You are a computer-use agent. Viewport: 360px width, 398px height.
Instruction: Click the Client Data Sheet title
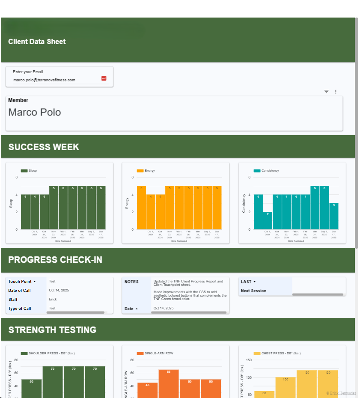pos(37,42)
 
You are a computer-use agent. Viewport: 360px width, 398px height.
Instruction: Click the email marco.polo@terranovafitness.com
pos(44,80)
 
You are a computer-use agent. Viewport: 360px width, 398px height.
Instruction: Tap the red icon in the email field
pos(104,78)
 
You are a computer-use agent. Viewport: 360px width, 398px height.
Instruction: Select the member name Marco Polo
pos(35,113)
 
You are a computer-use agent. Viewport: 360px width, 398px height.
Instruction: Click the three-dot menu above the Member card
pos(336,92)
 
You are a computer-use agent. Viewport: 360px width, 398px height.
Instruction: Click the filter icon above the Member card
pos(327,92)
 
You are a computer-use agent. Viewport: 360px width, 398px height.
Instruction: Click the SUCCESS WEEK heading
pos(44,147)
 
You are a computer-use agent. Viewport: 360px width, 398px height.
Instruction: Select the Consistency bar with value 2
pos(268,220)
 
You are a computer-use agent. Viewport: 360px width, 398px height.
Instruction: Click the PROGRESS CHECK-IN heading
pos(55,260)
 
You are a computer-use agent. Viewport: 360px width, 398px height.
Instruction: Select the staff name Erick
pos(53,300)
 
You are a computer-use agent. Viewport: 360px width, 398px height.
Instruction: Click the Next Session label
pos(253,291)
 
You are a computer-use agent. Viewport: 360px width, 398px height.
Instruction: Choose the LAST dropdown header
pos(248,282)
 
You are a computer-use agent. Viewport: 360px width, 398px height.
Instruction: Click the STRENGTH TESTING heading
pos(52,330)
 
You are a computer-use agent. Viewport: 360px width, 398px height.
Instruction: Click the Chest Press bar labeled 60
pos(264,394)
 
